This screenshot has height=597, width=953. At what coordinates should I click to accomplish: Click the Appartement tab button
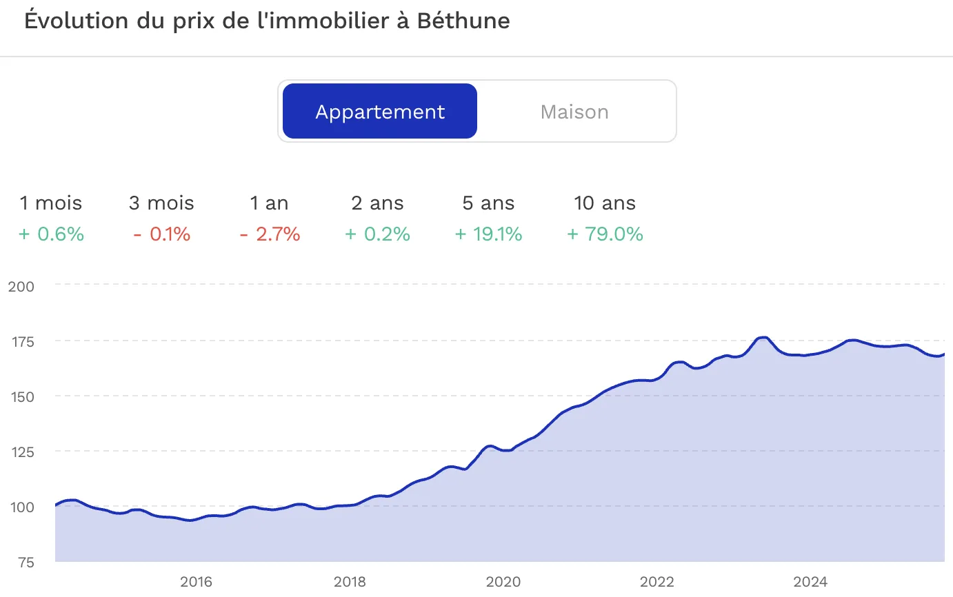pos(380,112)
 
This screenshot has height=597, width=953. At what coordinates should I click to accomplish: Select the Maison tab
pos(574,112)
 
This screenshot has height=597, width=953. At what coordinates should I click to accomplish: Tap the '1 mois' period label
pos(51,203)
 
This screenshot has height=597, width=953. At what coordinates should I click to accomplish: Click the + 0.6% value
pos(51,234)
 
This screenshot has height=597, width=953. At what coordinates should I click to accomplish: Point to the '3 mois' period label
pos(161,203)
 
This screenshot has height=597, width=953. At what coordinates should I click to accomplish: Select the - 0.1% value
pos(161,234)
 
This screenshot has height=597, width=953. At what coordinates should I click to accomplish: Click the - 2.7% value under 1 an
pos(270,234)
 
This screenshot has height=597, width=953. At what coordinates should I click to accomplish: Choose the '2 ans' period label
pos(377,203)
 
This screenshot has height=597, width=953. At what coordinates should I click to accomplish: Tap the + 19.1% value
pos(488,234)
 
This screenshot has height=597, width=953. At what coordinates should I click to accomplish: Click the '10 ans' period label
pos(605,203)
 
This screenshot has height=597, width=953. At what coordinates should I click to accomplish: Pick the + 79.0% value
pos(605,234)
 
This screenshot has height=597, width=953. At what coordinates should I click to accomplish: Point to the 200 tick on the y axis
pos(21,286)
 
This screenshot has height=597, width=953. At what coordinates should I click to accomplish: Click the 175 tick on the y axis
pos(21,341)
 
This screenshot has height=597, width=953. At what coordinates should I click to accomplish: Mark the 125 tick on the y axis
pos(21,452)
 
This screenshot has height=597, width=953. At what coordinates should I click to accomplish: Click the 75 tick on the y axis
pos(26,563)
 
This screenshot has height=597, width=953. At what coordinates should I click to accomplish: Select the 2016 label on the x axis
pos(197,582)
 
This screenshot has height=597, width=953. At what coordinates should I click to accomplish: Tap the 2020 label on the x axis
pos(503,582)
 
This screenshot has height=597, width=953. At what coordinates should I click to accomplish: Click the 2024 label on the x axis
pos(810,582)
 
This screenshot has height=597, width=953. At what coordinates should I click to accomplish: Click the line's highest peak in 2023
pos(762,337)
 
